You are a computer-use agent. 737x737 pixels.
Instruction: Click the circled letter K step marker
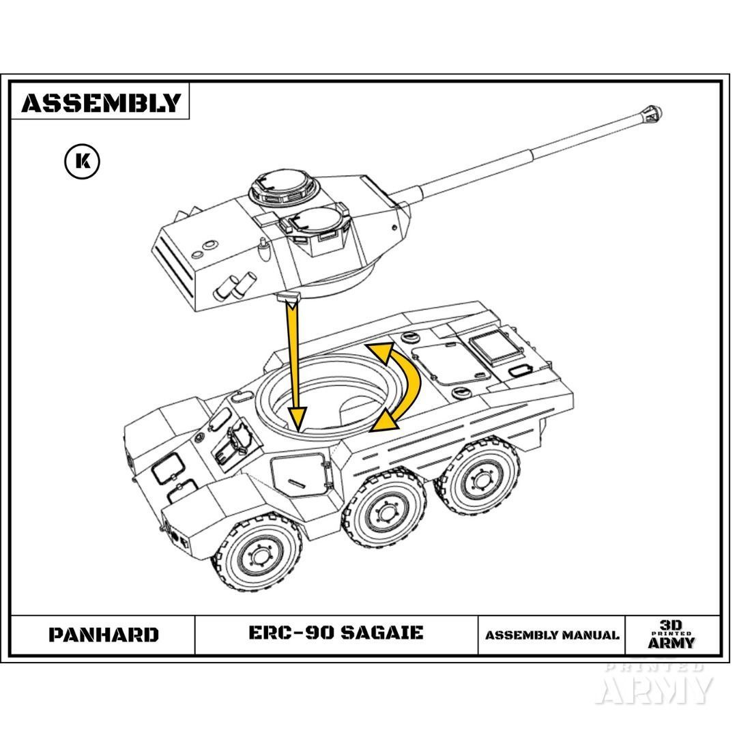(82, 162)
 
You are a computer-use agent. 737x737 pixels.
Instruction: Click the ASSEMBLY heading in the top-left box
(100, 102)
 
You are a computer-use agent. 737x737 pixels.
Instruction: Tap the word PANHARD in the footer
(103, 635)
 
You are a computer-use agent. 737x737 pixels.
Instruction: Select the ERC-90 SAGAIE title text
(336, 633)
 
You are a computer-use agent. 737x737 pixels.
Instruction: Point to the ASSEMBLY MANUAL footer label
(552, 635)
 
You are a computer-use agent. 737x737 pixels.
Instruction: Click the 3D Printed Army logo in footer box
(671, 635)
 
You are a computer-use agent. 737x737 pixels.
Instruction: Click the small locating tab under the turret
(289, 298)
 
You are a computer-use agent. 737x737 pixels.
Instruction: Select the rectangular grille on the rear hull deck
(493, 349)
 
